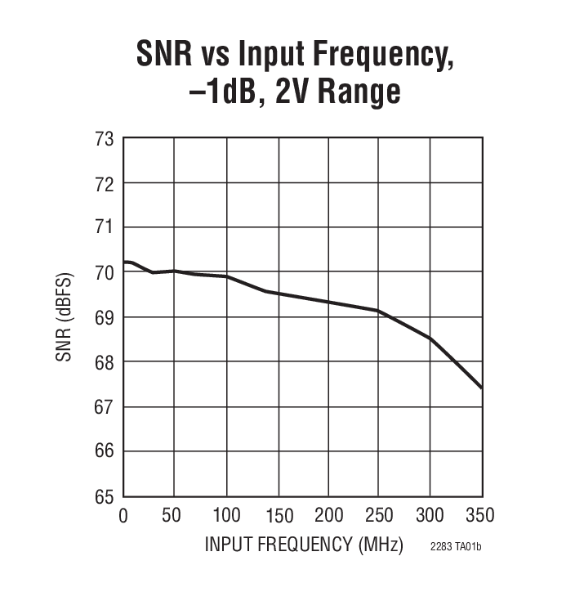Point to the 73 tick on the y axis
[103, 139]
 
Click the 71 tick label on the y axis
[103, 228]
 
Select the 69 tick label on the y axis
[103, 317]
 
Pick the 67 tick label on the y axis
[103, 406]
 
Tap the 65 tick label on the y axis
[103, 496]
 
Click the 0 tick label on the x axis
[123, 516]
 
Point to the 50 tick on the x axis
[172, 516]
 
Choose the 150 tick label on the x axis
[277, 516]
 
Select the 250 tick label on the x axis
[379, 516]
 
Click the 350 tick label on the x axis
[480, 516]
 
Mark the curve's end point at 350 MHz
[482, 388]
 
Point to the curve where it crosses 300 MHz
[430, 339]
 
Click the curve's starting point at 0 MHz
[124, 262]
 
